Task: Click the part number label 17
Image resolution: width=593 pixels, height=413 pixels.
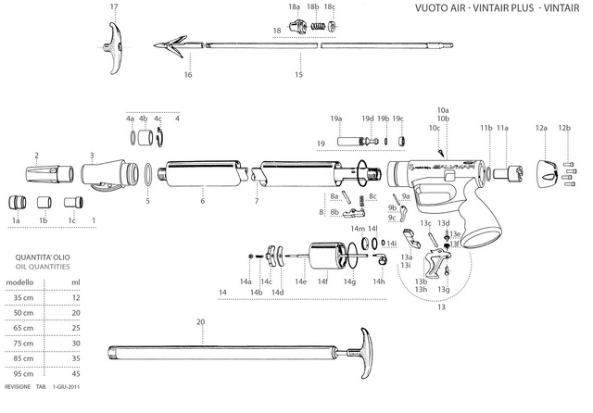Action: click(x=114, y=7)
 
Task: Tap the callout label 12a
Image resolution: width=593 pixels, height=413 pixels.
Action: click(x=541, y=129)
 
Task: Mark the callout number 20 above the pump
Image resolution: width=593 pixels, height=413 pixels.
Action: click(x=200, y=322)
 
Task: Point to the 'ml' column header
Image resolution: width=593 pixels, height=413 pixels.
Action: click(x=75, y=282)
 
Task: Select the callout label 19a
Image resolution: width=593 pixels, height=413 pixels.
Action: click(x=336, y=119)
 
